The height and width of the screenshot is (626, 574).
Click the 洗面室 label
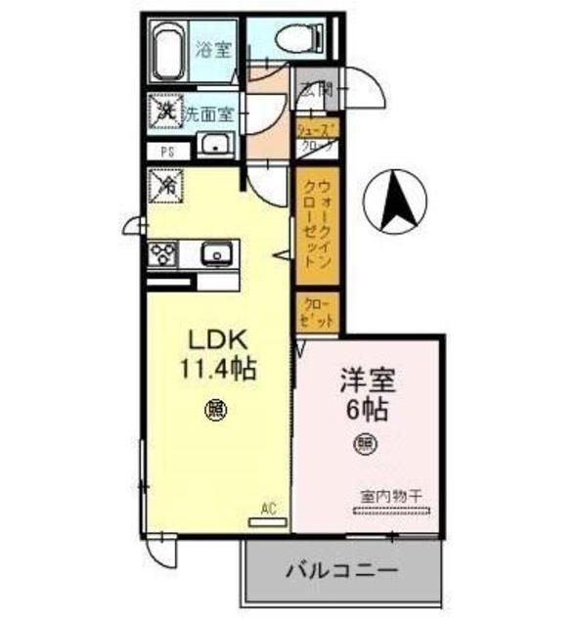click(x=210, y=112)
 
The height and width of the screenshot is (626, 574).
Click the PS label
click(x=167, y=152)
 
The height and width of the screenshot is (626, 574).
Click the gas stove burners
click(x=162, y=253)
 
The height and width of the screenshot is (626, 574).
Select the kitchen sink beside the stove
click(x=215, y=254)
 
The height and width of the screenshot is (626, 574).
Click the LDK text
click(x=218, y=341)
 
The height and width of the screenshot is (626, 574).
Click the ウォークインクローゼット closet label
click(x=316, y=225)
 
